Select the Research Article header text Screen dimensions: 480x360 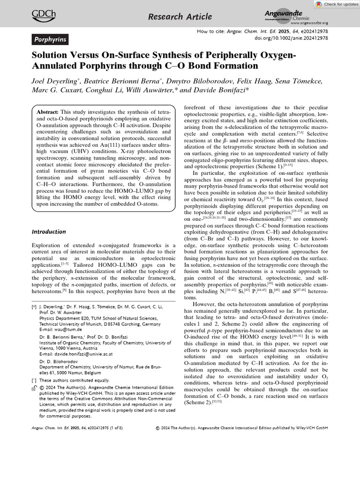(180, 17)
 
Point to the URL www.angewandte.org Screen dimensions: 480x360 (309, 23)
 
